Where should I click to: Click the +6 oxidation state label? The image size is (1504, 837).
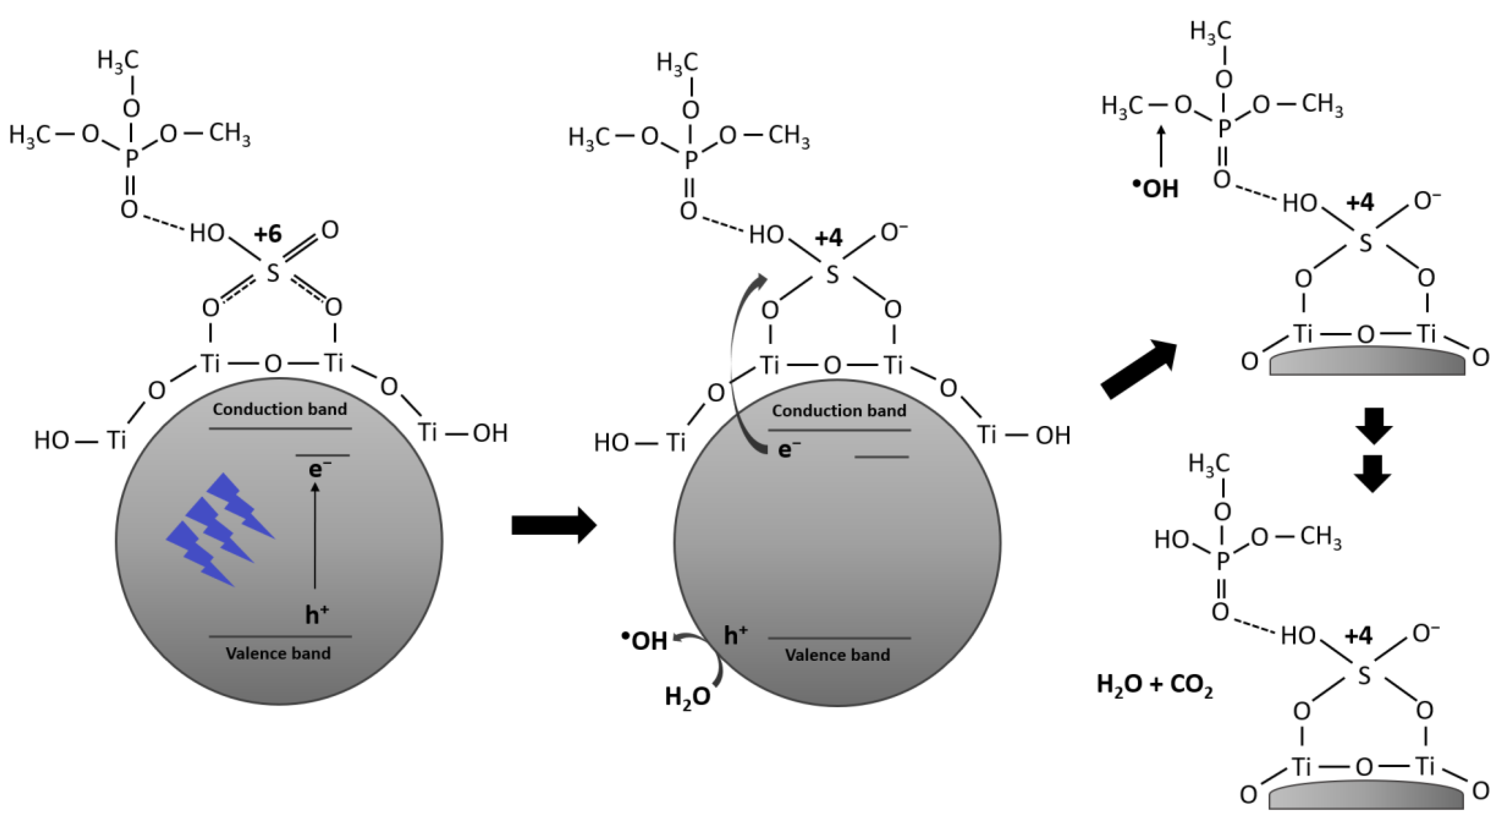pyautogui.click(x=268, y=234)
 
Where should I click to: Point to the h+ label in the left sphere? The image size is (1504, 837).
pyautogui.click(x=317, y=614)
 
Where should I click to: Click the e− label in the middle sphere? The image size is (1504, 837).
pyautogui.click(x=789, y=449)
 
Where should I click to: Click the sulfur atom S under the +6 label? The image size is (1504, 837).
pyautogui.click(x=273, y=273)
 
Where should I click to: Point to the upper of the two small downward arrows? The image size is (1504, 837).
pyautogui.click(x=1373, y=426)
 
